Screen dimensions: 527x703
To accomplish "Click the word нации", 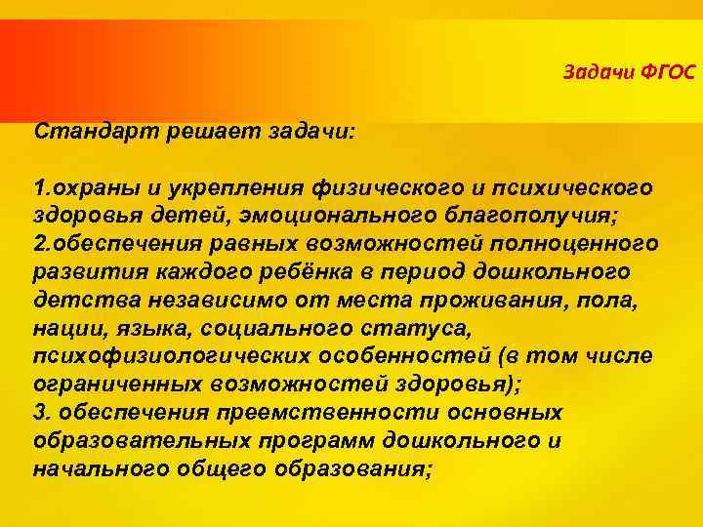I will coord(65,327).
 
